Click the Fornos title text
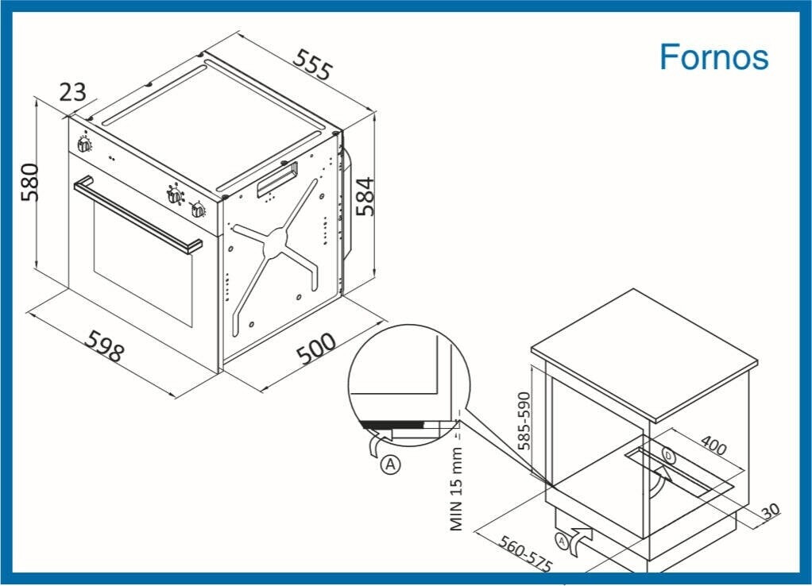713,56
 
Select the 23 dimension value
72,92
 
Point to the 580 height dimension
30,182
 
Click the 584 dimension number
365,196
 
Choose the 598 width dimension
105,345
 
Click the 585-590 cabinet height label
524,421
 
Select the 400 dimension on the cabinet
713,444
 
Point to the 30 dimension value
771,511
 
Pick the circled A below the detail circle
390,464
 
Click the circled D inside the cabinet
669,457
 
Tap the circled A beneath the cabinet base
562,542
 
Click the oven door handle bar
137,215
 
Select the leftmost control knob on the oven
84,145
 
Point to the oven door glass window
143,263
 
